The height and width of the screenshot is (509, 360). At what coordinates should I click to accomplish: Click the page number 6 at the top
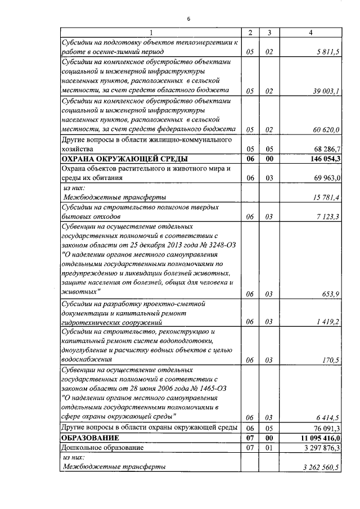click(188, 19)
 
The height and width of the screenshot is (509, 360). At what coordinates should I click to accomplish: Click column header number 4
click(311, 33)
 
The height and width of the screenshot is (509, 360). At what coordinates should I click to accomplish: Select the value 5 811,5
click(327, 52)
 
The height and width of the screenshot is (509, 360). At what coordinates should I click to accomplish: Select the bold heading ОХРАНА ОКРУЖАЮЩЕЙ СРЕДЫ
click(124, 159)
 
